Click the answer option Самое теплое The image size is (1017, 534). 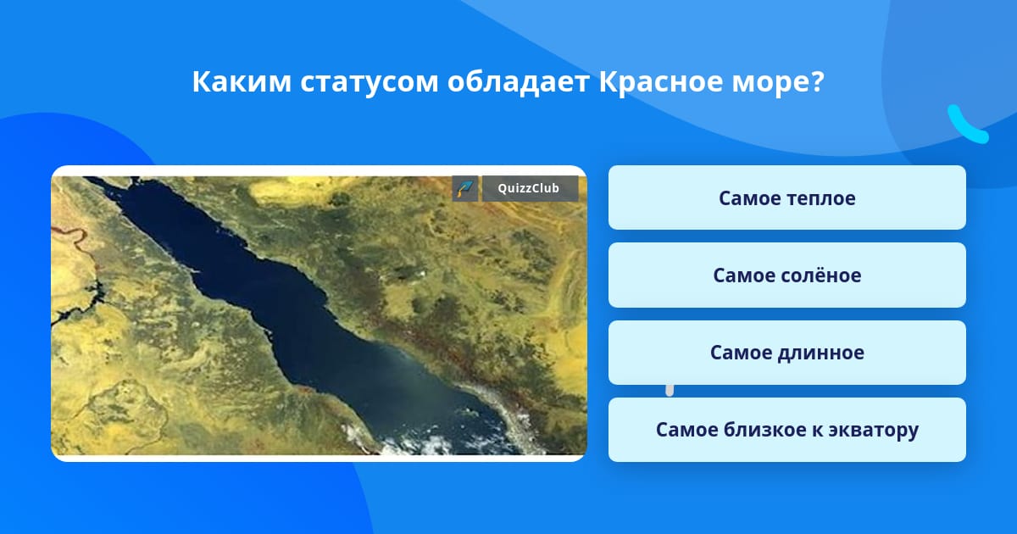pyautogui.click(x=786, y=197)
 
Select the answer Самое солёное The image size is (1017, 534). pyautogui.click(x=786, y=275)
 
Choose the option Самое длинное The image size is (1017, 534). pyautogui.click(x=786, y=353)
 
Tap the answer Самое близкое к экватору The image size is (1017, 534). pyautogui.click(x=786, y=430)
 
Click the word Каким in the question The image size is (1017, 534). pyautogui.click(x=242, y=81)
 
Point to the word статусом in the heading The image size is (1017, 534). pyautogui.click(x=370, y=82)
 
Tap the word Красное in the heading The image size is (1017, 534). pyautogui.click(x=660, y=82)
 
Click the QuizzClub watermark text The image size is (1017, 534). pyautogui.click(x=529, y=188)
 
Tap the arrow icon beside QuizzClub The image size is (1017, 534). pyautogui.click(x=465, y=188)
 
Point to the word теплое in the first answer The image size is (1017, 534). pyautogui.click(x=821, y=198)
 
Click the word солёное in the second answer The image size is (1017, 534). pyautogui.click(x=821, y=275)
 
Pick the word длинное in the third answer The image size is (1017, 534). pyautogui.click(x=821, y=353)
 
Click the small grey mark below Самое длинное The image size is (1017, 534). pyautogui.click(x=670, y=391)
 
